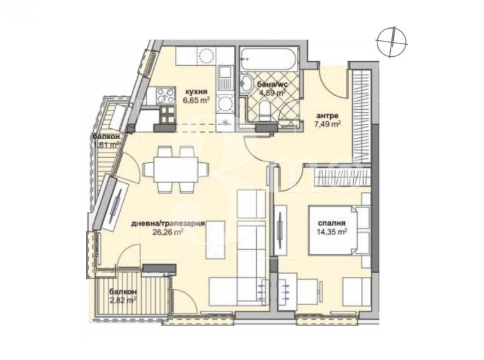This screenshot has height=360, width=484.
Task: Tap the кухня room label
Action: (x=194, y=91)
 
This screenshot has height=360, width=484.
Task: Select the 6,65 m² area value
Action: (x=196, y=100)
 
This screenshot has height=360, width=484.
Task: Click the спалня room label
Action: (x=332, y=223)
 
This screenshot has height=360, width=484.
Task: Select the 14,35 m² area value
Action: (x=333, y=232)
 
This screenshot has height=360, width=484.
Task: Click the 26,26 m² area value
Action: (x=168, y=233)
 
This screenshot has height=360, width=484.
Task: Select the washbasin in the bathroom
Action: (x=248, y=84)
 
